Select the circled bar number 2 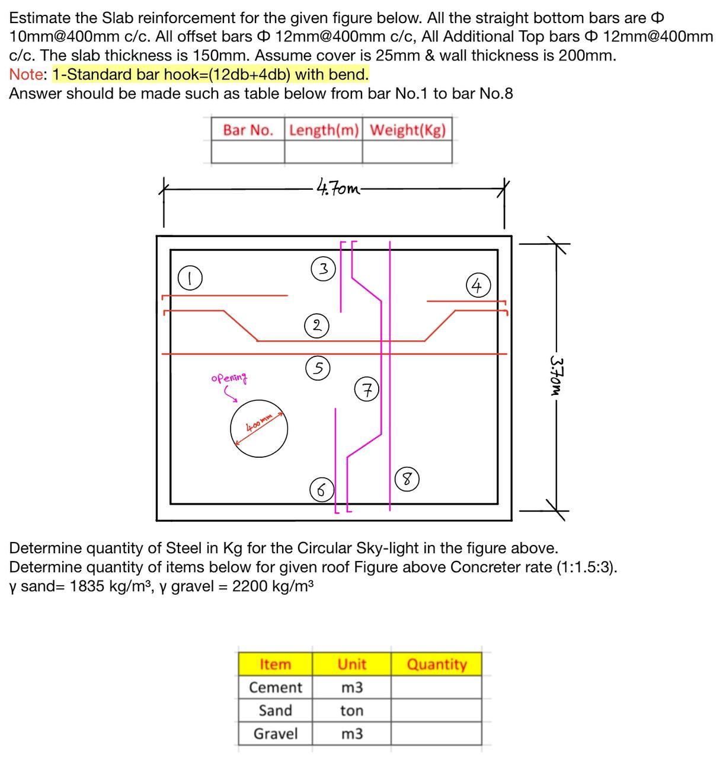317,326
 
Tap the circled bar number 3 323,269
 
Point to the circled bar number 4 478,286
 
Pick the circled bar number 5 318,368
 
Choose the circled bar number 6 321,490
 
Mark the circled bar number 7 367,390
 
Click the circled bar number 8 407,479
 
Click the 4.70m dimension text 338,189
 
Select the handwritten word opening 229,378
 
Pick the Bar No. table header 248,130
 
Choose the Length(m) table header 324,130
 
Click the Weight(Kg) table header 407,130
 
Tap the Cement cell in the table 275,687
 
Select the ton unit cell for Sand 351,710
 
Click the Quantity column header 436,664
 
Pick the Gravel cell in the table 275,734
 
